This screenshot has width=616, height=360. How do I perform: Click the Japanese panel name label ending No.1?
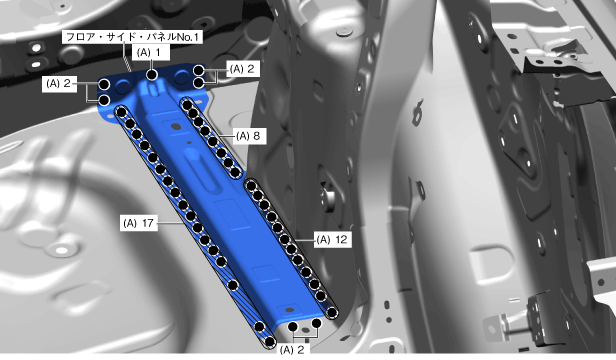tap(132, 37)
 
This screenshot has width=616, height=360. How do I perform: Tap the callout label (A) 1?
tap(151, 52)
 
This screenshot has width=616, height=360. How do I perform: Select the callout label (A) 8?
tap(249, 136)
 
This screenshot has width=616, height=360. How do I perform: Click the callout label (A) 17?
tap(139, 223)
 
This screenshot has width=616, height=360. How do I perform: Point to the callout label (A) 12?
tap(332, 239)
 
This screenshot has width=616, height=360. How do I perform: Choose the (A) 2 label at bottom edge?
tap(292, 349)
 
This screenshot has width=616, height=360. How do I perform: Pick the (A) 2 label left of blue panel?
tap(59, 84)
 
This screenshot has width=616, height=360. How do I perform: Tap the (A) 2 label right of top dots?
tap(243, 69)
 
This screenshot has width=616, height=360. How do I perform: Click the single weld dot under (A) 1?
tap(152, 74)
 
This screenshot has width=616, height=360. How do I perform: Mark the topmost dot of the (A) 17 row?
tap(121, 112)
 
